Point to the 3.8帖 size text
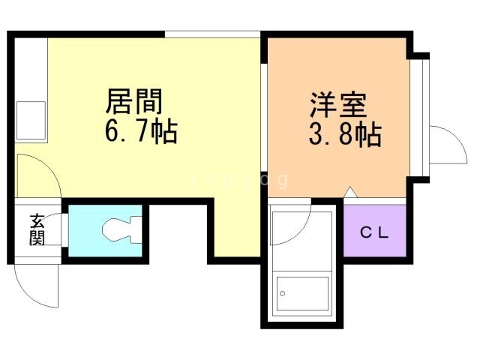pyautogui.click(x=344, y=136)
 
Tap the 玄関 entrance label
pyautogui.click(x=37, y=229)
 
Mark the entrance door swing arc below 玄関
pyautogui.click(x=37, y=285)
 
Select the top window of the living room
pyautogui.click(x=212, y=34)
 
